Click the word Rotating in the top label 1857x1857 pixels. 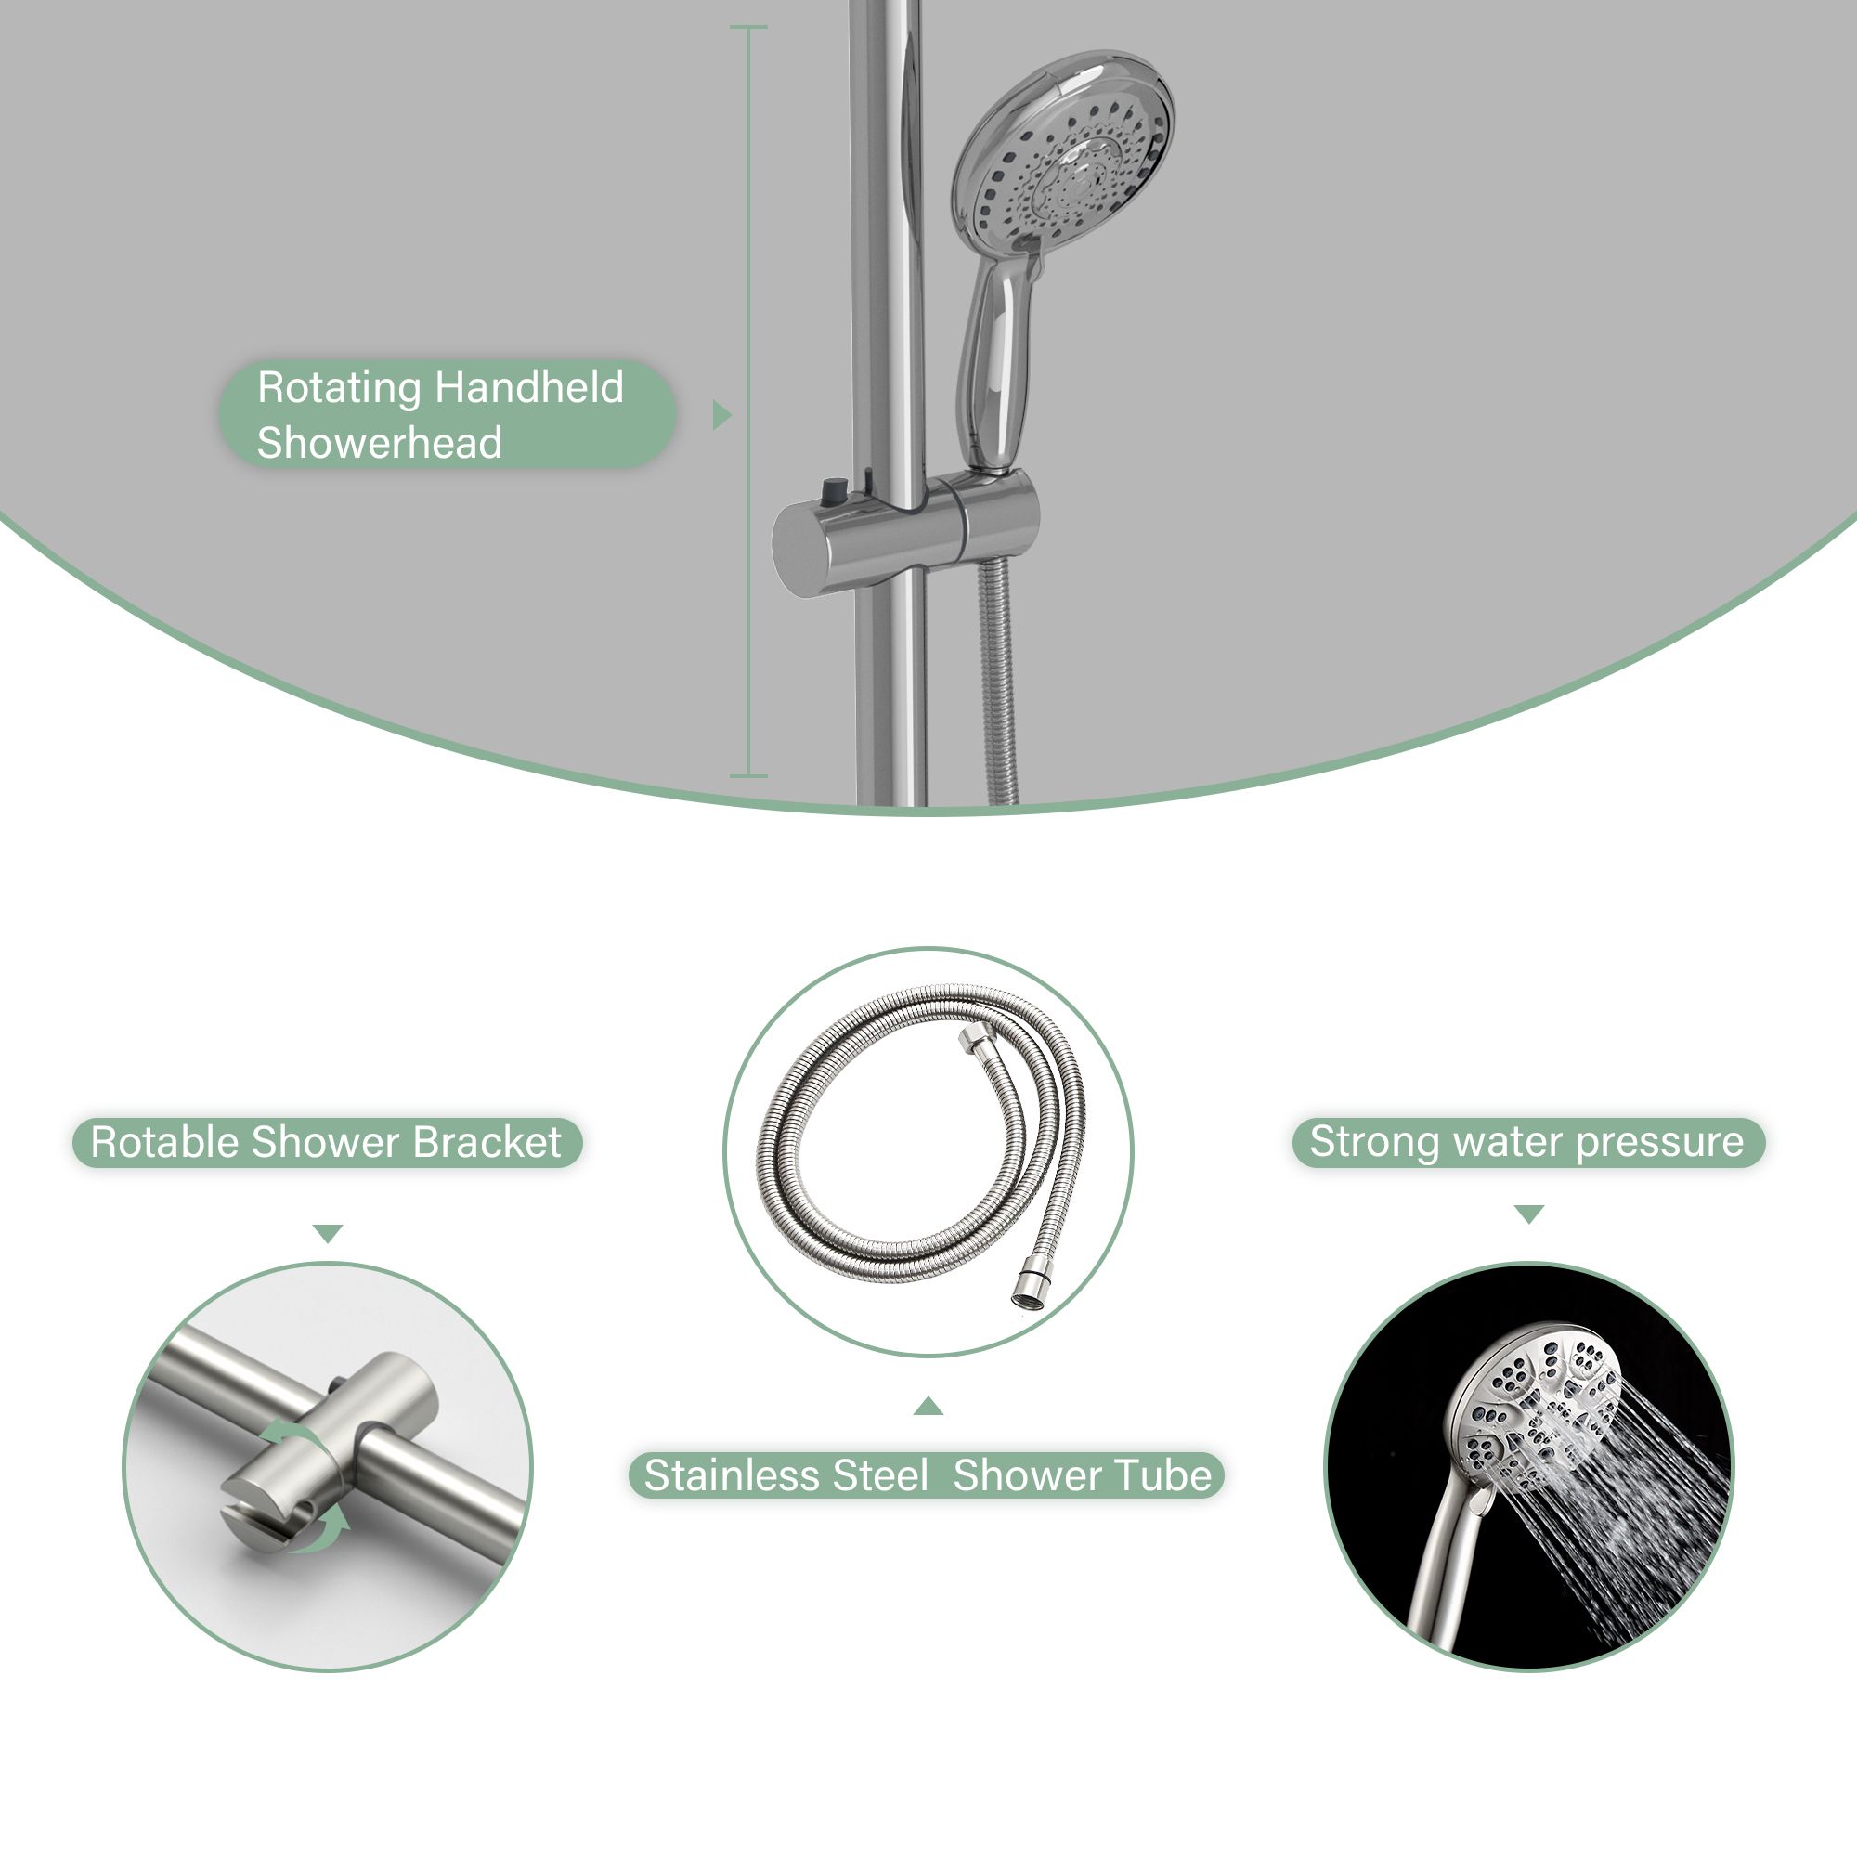point(340,389)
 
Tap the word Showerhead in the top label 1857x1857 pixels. point(380,443)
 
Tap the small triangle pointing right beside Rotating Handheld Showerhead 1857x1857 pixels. point(721,415)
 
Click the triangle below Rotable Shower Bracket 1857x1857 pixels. point(328,1233)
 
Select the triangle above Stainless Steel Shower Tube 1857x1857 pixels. point(928,1408)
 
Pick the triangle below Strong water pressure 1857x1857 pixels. point(1529,1214)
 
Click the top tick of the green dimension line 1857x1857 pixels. point(748,27)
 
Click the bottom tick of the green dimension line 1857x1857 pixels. point(748,775)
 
